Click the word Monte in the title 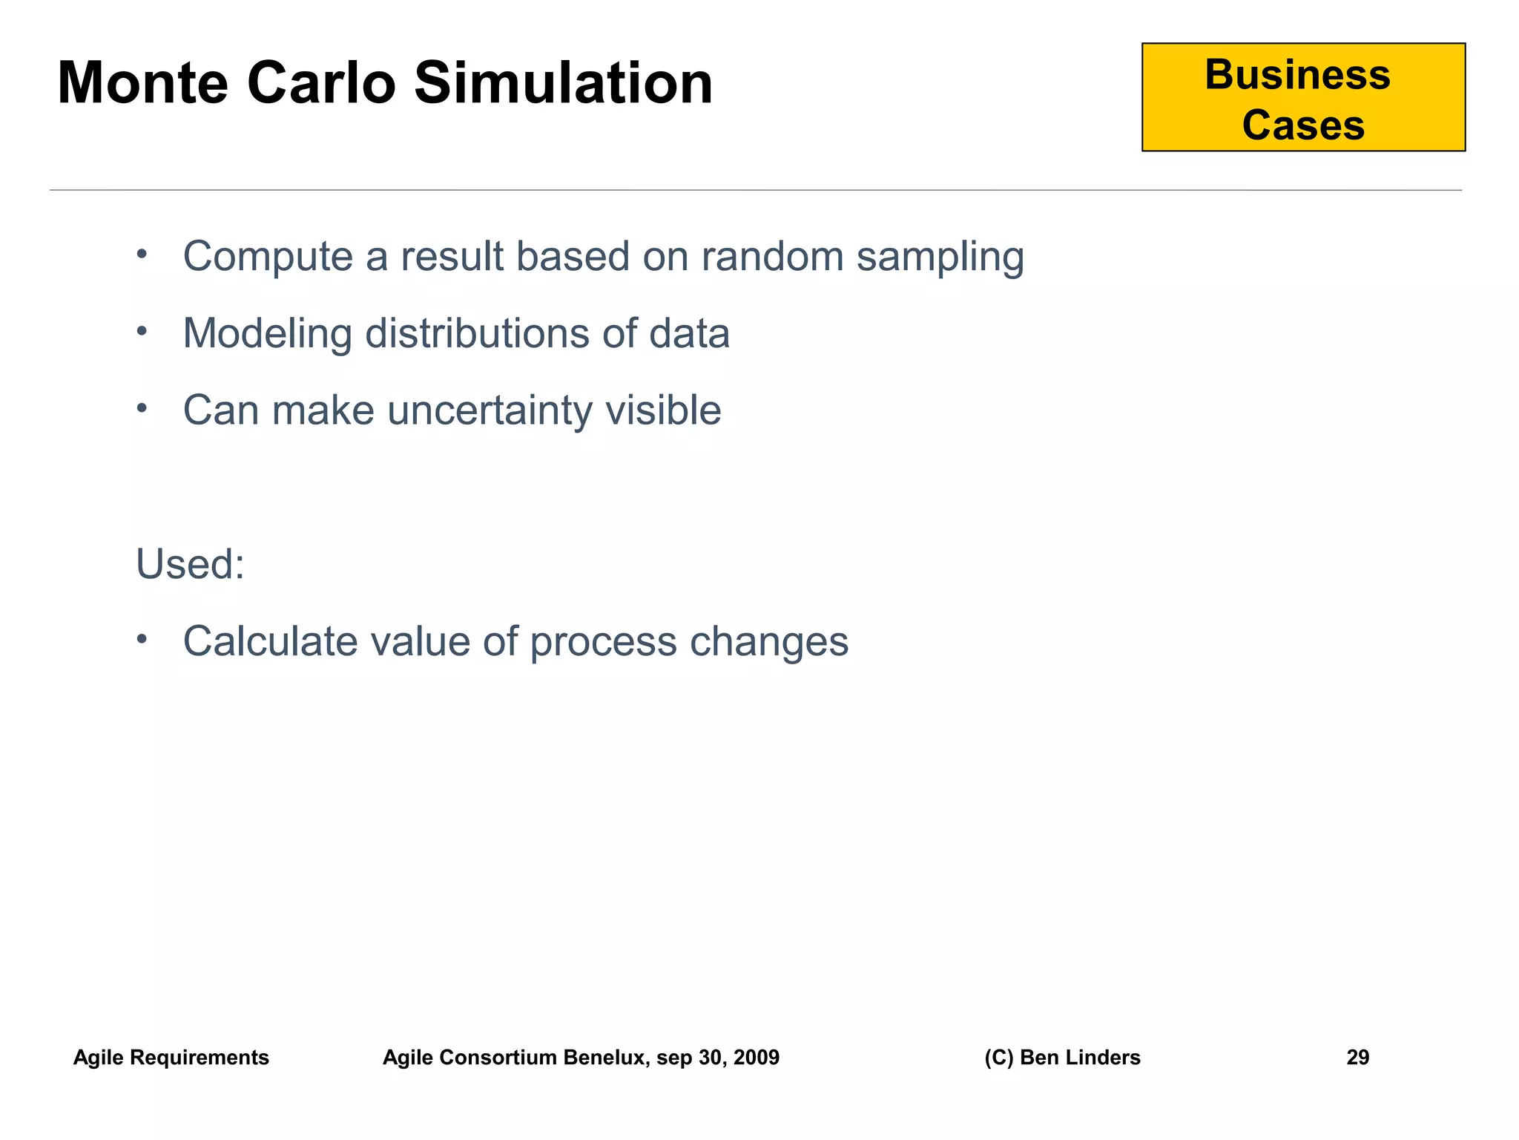pyautogui.click(x=142, y=83)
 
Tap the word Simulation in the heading pyautogui.click(x=563, y=83)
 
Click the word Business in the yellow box pyautogui.click(x=1297, y=75)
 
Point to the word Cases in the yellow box pyautogui.click(x=1303, y=125)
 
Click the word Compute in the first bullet pyautogui.click(x=268, y=257)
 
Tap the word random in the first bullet pyautogui.click(x=772, y=257)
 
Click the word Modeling pyautogui.click(x=267, y=334)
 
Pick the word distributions pyautogui.click(x=476, y=333)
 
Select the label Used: pyautogui.click(x=190, y=564)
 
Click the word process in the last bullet pyautogui.click(x=603, y=643)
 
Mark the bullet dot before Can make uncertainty pyautogui.click(x=142, y=408)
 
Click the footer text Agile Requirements pyautogui.click(x=171, y=1058)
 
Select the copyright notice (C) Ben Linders pyautogui.click(x=1062, y=1058)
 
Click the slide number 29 pyautogui.click(x=1357, y=1058)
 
